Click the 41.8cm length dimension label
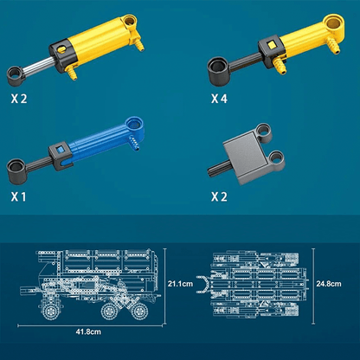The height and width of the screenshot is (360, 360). (88, 331)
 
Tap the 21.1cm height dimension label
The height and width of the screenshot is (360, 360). (180, 284)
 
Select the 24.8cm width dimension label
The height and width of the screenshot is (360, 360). (329, 284)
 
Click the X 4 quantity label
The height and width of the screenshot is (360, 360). (219, 99)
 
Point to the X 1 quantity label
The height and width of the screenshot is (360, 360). (18, 197)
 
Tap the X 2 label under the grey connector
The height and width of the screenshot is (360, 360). (219, 197)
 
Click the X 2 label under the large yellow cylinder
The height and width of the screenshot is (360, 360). (19, 99)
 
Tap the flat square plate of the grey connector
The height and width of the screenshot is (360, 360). (246, 157)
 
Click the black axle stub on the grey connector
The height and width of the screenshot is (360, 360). (218, 169)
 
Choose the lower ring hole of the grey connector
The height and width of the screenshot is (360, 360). (276, 158)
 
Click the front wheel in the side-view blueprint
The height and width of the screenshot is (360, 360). (52, 311)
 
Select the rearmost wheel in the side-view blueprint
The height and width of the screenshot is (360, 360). (140, 311)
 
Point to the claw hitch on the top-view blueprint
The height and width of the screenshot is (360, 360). (203, 285)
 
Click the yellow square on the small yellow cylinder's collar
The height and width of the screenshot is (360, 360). (272, 45)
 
